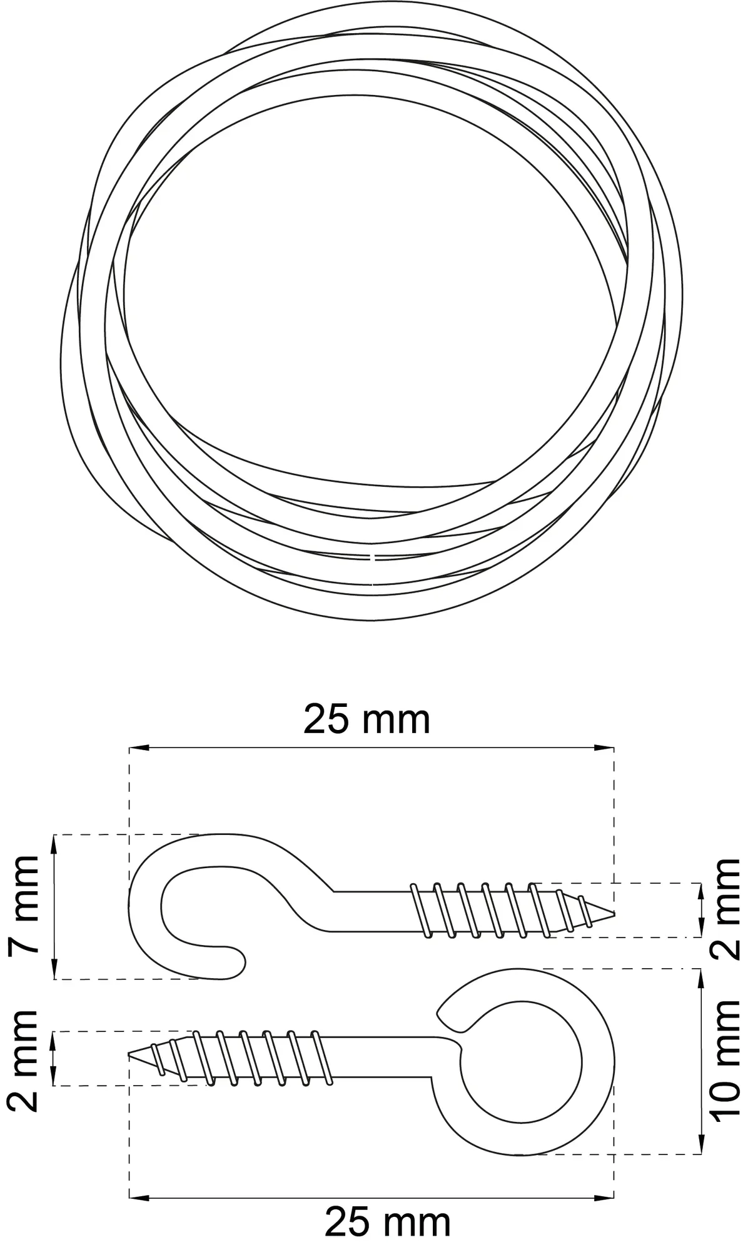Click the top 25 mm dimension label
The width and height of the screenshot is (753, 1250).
(x=367, y=719)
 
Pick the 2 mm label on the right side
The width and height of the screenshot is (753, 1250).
(x=725, y=909)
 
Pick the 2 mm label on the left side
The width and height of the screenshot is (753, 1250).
(x=24, y=1062)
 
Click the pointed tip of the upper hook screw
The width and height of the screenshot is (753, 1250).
(x=614, y=914)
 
